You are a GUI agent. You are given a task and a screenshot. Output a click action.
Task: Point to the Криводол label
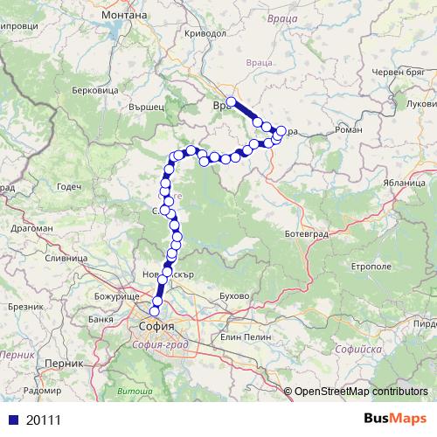coord(205,32)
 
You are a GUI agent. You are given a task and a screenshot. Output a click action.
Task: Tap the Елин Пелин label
coord(242,336)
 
